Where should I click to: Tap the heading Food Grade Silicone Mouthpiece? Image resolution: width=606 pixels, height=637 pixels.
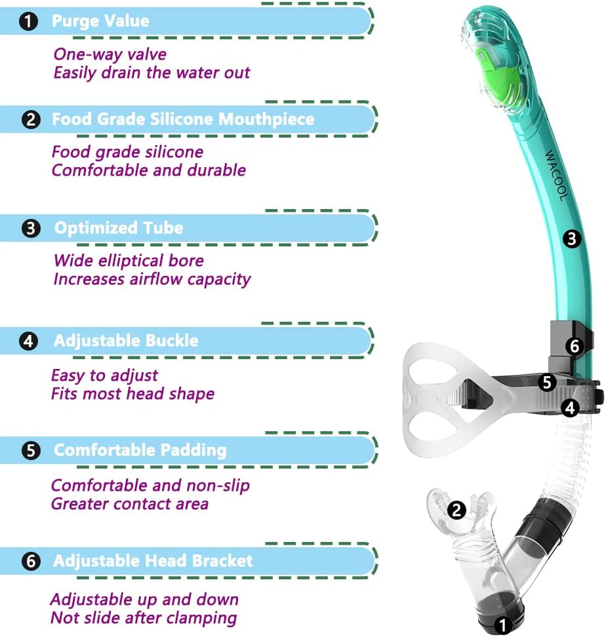coord(183,119)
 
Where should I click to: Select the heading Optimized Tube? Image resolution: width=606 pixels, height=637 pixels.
coord(119,228)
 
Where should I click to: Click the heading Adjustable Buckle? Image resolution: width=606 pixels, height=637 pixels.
coord(126,341)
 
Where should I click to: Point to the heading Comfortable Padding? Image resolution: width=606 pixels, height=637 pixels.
coord(140,450)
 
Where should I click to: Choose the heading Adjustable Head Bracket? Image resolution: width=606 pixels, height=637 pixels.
coord(153,561)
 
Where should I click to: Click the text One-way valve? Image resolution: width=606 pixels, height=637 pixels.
coord(110,54)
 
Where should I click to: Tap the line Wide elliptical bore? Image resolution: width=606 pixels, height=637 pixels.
coord(129,261)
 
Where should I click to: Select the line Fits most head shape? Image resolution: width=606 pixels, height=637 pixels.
coord(133,394)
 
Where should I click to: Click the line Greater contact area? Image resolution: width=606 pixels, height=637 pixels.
coord(130,503)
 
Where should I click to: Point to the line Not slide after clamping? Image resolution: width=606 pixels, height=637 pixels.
coord(144,617)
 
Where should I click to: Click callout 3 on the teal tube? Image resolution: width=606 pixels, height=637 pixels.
coord(573,239)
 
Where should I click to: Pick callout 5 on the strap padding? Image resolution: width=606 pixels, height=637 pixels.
coord(548,382)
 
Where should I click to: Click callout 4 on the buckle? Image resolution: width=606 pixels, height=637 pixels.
coord(571,408)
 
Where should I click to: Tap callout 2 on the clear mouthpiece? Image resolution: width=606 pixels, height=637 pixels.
coord(456,509)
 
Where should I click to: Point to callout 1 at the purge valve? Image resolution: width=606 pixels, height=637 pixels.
coord(503,625)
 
